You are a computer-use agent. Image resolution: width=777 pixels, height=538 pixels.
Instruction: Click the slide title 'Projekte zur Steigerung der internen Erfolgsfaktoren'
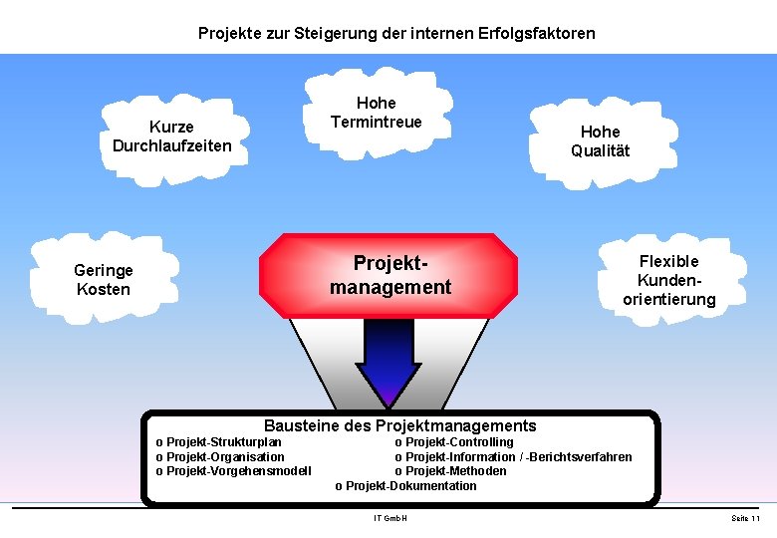coord(396,33)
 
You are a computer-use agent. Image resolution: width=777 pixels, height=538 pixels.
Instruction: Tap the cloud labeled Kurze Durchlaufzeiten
coord(171,136)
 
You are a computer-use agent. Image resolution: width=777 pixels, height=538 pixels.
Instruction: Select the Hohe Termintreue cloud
coord(376,113)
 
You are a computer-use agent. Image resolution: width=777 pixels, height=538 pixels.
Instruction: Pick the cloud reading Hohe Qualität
coord(600,141)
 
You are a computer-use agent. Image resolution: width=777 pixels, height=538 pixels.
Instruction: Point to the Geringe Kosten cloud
coord(103,280)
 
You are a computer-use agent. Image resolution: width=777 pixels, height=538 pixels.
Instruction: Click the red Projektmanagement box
coord(389,275)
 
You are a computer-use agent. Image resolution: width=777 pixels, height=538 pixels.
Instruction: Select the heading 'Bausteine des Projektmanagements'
coord(399,425)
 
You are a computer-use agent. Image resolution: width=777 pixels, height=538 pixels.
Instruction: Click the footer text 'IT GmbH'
coord(390,519)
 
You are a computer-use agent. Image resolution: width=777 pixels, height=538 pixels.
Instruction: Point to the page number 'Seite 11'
coord(745,519)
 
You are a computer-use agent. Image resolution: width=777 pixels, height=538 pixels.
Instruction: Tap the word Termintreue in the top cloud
coord(376,122)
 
